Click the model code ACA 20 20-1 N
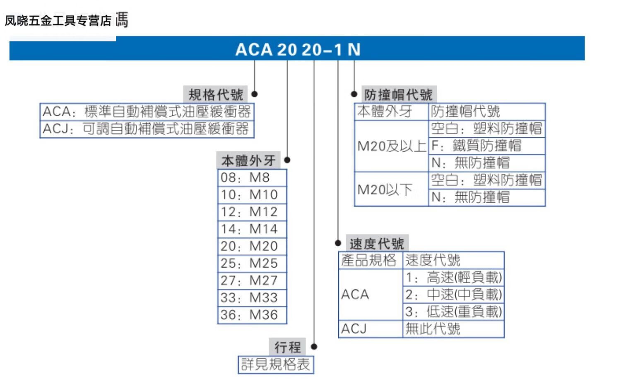298,50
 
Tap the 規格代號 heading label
216,95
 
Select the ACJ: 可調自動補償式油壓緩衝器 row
147,129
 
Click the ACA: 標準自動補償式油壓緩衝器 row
147,112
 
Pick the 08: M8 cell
252,178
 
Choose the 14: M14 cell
252,229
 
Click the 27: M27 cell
252,280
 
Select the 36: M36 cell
252,315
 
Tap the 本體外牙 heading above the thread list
248,161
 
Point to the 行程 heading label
287,347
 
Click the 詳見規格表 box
276,364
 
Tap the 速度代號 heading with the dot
376,244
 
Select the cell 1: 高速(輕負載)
453,277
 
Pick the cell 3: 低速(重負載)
453,312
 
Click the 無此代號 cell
453,329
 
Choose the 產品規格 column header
370,260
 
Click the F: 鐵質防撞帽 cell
486,146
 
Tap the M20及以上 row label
391,146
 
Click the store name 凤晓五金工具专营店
58,20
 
